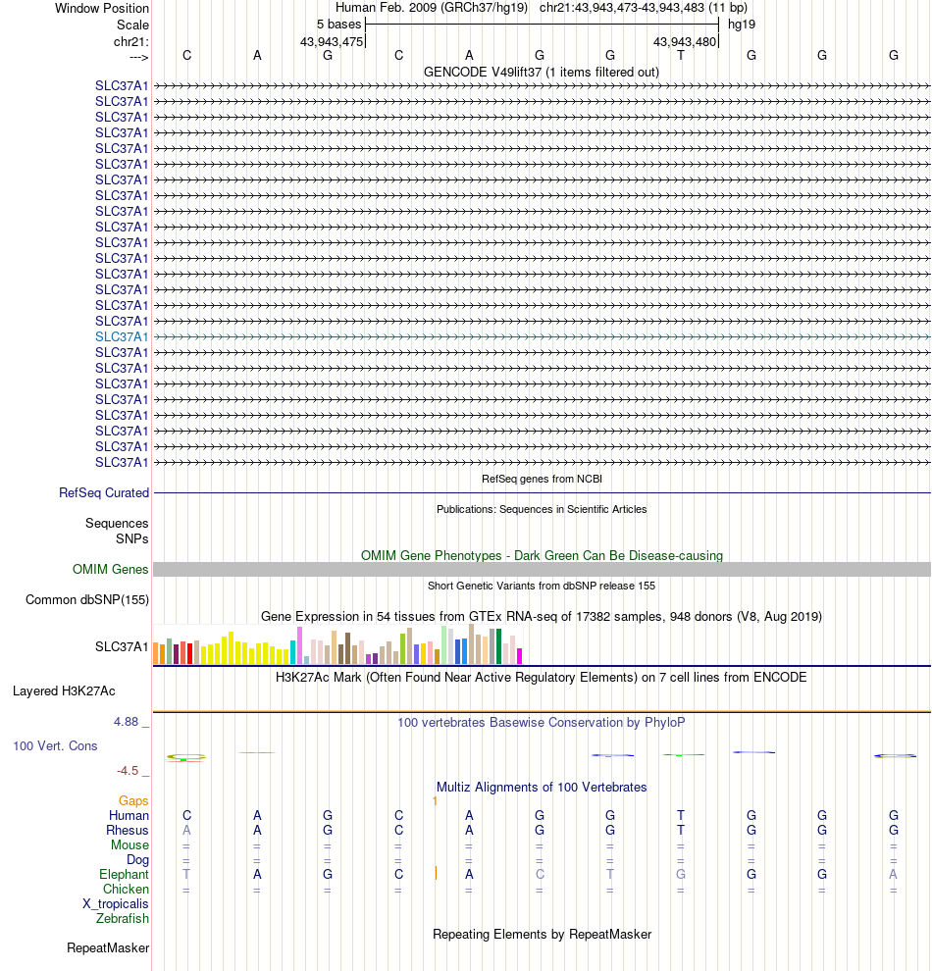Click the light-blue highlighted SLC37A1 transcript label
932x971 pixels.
[x=122, y=336]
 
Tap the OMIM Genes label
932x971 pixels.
[x=111, y=569]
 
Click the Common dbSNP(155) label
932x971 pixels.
[x=87, y=600]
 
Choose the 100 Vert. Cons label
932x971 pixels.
[x=55, y=746]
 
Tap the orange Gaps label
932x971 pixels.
[x=133, y=801]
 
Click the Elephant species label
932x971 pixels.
[x=124, y=875]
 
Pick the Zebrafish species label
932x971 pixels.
[x=123, y=919]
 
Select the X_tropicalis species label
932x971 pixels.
[x=116, y=904]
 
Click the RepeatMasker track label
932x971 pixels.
[x=108, y=948]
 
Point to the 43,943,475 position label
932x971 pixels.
[x=332, y=41]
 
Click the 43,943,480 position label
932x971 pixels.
[x=685, y=41]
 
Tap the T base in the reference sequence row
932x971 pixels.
[x=681, y=55]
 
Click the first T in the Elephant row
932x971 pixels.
[x=186, y=875]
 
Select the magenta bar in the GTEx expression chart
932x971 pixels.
[x=520, y=656]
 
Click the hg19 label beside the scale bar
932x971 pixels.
[x=741, y=24]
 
